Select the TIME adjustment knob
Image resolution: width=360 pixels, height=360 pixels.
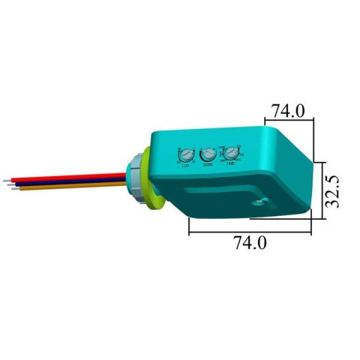(x=232, y=152)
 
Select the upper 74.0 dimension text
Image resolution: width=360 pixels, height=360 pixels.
(x=288, y=110)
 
